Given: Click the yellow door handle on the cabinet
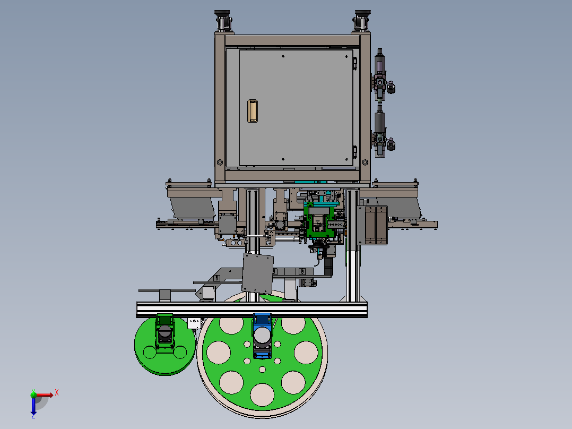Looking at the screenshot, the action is pyautogui.click(x=253, y=111).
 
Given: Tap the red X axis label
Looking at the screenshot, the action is pyautogui.click(x=57, y=393).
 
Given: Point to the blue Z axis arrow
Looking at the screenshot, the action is pyautogui.click(x=33, y=406).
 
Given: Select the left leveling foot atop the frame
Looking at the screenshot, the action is pyautogui.click(x=222, y=21).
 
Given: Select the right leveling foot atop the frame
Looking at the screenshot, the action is pyautogui.click(x=362, y=21).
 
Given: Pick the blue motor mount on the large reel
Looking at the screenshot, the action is pyautogui.click(x=262, y=336).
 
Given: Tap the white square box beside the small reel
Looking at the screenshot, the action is pyautogui.click(x=194, y=323).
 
